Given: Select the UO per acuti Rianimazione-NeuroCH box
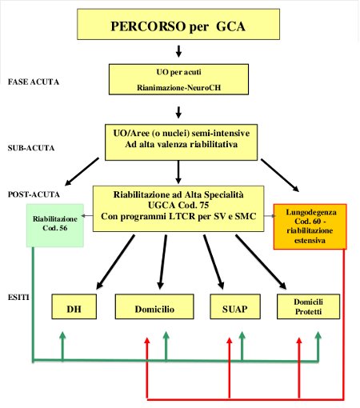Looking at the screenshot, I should tap(178, 78).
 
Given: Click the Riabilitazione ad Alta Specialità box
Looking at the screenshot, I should tap(178, 207).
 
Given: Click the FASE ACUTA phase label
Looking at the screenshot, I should tap(33, 82).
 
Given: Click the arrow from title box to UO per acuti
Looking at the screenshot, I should tap(178, 52).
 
